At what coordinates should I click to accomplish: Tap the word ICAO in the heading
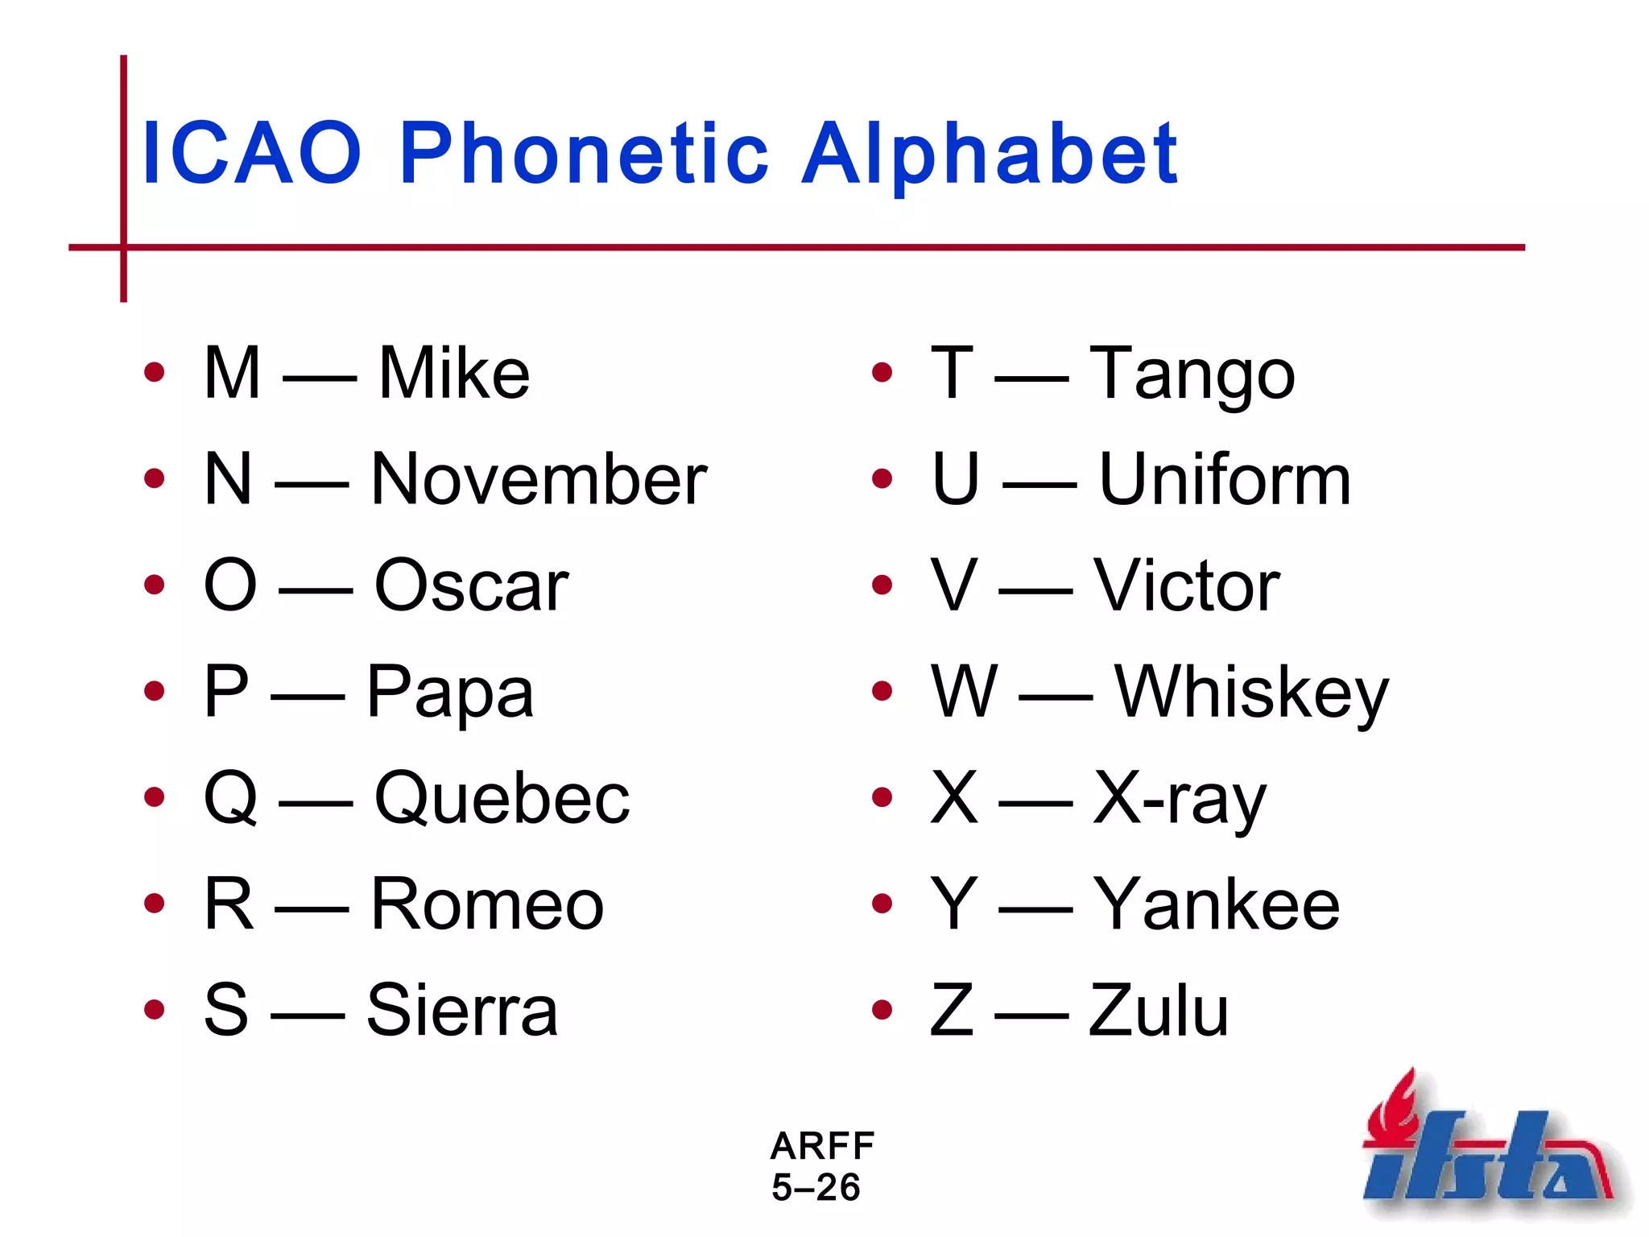point(251,153)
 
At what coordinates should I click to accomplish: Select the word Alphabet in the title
point(990,153)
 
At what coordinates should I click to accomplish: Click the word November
point(539,479)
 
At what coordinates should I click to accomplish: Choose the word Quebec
point(502,798)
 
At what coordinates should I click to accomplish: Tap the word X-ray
point(1180,798)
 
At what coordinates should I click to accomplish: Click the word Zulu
point(1159,1010)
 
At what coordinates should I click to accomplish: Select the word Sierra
point(462,1010)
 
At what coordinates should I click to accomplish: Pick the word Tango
point(1192,374)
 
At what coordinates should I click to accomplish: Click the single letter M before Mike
point(233,372)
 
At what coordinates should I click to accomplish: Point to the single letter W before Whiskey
point(965,691)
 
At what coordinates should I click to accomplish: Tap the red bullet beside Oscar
point(154,585)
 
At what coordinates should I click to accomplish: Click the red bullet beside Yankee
point(882,904)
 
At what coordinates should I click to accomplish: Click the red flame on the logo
point(1397,1107)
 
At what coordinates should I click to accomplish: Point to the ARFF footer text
point(822,1145)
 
